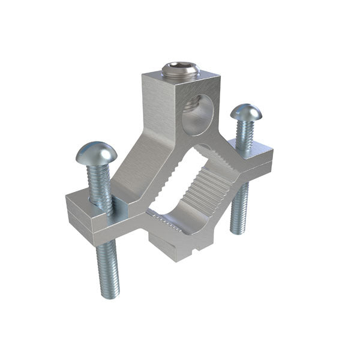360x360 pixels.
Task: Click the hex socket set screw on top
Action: coord(180,71)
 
